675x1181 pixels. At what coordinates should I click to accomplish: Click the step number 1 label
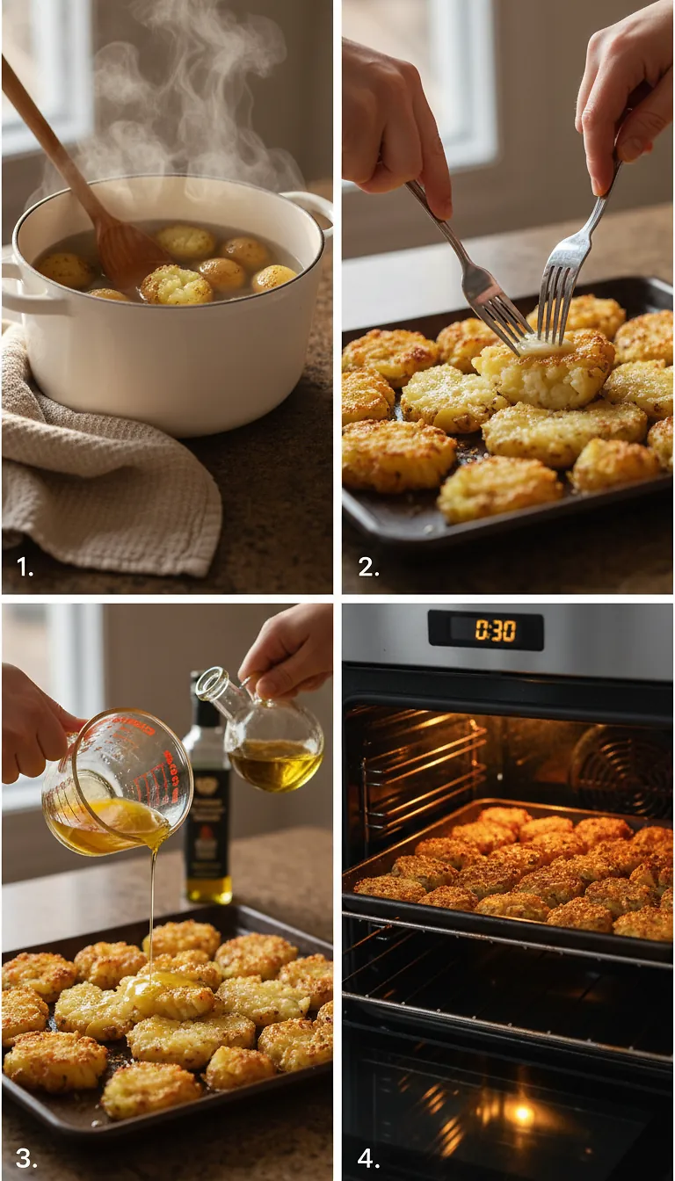tap(25, 567)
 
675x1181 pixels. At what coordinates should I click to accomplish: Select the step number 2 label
tap(368, 567)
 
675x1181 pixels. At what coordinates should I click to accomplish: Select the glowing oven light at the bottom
tap(523, 1114)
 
